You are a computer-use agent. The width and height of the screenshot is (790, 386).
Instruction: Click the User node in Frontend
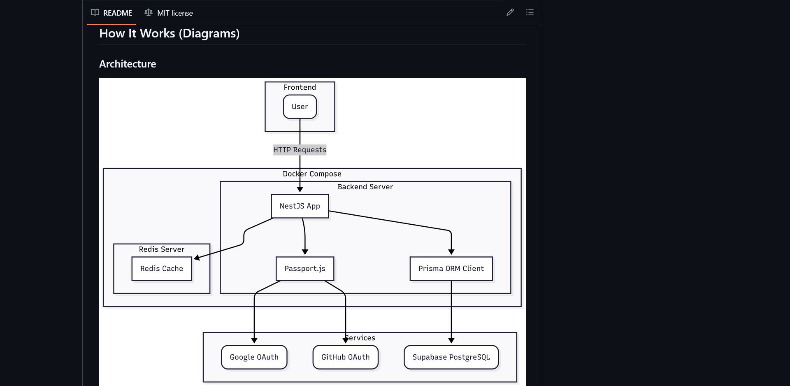pos(300,107)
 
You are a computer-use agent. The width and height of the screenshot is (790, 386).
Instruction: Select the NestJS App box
pos(300,206)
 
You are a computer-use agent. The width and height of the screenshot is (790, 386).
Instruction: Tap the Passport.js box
pos(304,269)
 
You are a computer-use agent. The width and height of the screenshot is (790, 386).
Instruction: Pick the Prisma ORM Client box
pos(451,269)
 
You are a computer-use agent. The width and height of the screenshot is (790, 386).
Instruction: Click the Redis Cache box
pos(161,269)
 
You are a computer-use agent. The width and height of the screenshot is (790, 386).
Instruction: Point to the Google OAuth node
pos(254,357)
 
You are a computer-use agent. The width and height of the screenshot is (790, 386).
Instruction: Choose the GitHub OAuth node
pos(345,357)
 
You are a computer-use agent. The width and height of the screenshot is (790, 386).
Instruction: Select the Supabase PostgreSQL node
pos(451,357)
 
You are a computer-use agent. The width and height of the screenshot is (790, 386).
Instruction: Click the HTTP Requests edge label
pos(300,150)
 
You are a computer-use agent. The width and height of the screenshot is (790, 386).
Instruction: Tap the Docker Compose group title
pos(312,174)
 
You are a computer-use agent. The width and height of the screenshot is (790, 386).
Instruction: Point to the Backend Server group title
pos(365,187)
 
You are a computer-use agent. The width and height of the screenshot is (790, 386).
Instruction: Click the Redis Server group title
pos(161,249)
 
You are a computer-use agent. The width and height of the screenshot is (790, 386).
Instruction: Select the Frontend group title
pos(300,87)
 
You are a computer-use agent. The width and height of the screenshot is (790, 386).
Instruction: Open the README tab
pos(112,13)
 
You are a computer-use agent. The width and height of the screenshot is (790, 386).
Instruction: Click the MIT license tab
pos(169,13)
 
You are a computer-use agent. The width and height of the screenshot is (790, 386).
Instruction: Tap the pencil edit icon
pos(510,12)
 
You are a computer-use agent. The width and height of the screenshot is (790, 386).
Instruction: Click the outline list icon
pos(530,12)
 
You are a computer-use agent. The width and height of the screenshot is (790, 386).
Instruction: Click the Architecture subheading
pos(128,64)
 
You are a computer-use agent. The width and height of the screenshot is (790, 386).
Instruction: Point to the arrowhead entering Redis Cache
pos(196,258)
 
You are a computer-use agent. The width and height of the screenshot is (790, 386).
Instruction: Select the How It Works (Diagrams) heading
pos(169,33)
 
